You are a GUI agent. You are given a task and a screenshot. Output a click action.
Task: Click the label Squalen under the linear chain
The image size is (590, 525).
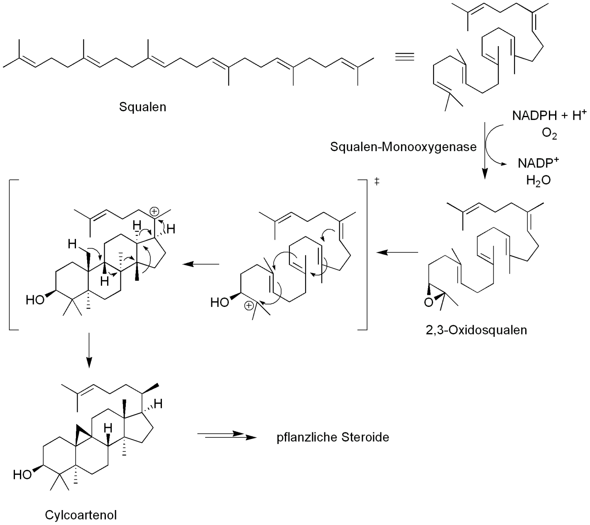[x=142, y=107]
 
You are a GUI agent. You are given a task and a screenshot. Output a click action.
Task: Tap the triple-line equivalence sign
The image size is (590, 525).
[x=404, y=57]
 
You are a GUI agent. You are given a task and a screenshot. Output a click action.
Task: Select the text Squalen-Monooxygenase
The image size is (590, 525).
[x=403, y=147]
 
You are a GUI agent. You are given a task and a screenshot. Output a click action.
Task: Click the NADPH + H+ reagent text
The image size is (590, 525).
[x=549, y=115]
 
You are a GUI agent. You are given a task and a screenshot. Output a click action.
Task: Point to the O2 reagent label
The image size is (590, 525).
[x=549, y=134]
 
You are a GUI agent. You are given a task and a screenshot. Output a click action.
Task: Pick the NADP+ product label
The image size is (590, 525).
[x=538, y=163]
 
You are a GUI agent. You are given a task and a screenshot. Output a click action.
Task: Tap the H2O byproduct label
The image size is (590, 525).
[x=538, y=180]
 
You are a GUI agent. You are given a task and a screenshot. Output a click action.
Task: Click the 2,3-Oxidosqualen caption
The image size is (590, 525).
[x=476, y=330]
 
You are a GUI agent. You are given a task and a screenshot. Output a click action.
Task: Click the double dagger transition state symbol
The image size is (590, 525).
[x=377, y=182]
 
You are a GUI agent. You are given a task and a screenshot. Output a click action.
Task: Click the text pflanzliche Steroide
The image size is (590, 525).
[x=333, y=437]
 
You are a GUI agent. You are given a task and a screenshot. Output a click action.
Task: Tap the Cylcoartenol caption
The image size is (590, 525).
[x=81, y=515]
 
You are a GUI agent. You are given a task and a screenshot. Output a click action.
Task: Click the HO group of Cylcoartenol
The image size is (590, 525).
[x=22, y=474]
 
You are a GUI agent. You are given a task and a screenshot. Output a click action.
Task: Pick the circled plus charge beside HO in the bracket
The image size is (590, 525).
[x=248, y=306]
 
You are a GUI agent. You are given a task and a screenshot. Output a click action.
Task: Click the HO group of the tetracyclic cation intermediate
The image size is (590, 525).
[x=35, y=299]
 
